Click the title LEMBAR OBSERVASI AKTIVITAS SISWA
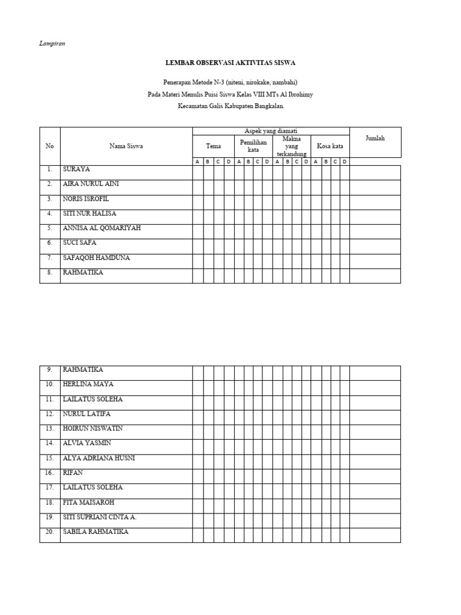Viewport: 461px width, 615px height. click(230, 62)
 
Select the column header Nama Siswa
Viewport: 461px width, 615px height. click(126, 146)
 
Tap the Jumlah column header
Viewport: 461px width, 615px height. click(375, 138)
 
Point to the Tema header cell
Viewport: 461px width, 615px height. click(213, 146)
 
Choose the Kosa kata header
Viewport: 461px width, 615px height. click(330, 146)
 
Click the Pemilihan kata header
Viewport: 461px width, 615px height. click(253, 146)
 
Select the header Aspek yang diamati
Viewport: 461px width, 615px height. click(271, 131)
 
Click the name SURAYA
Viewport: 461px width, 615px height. click(76, 169)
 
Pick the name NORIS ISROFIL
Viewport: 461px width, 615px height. click(86, 199)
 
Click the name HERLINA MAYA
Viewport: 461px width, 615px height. click(88, 384)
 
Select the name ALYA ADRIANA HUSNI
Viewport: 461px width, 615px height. click(98, 458)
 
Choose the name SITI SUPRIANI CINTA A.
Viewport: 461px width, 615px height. click(100, 517)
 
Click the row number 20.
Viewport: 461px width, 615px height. click(49, 532)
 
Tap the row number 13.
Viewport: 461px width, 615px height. click(49, 429)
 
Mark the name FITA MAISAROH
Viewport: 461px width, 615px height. click(88, 503)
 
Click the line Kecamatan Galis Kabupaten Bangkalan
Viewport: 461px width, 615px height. click(230, 106)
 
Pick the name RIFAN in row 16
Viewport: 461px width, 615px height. click(73, 473)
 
